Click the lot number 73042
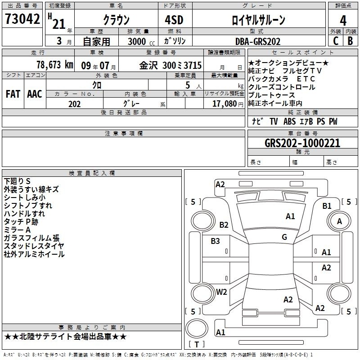[x=22, y=19]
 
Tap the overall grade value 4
[x=343, y=21]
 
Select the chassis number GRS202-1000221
[x=302, y=143]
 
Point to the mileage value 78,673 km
[x=55, y=65]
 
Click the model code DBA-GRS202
[x=258, y=41]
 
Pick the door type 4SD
[x=174, y=20]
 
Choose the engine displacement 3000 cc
[x=141, y=41]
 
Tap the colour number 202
[x=74, y=104]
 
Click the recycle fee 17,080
[x=225, y=104]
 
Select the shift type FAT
[x=13, y=94]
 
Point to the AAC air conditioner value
[x=35, y=94]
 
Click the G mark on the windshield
[x=284, y=237]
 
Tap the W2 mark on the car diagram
[x=221, y=292]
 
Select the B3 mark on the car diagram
[x=215, y=241]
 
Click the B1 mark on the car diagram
[x=327, y=206]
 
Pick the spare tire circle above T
[x=197, y=328]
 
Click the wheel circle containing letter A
[x=339, y=221]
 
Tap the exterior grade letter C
[x=336, y=41]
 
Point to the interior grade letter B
[x=350, y=41]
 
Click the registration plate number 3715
[x=193, y=65]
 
